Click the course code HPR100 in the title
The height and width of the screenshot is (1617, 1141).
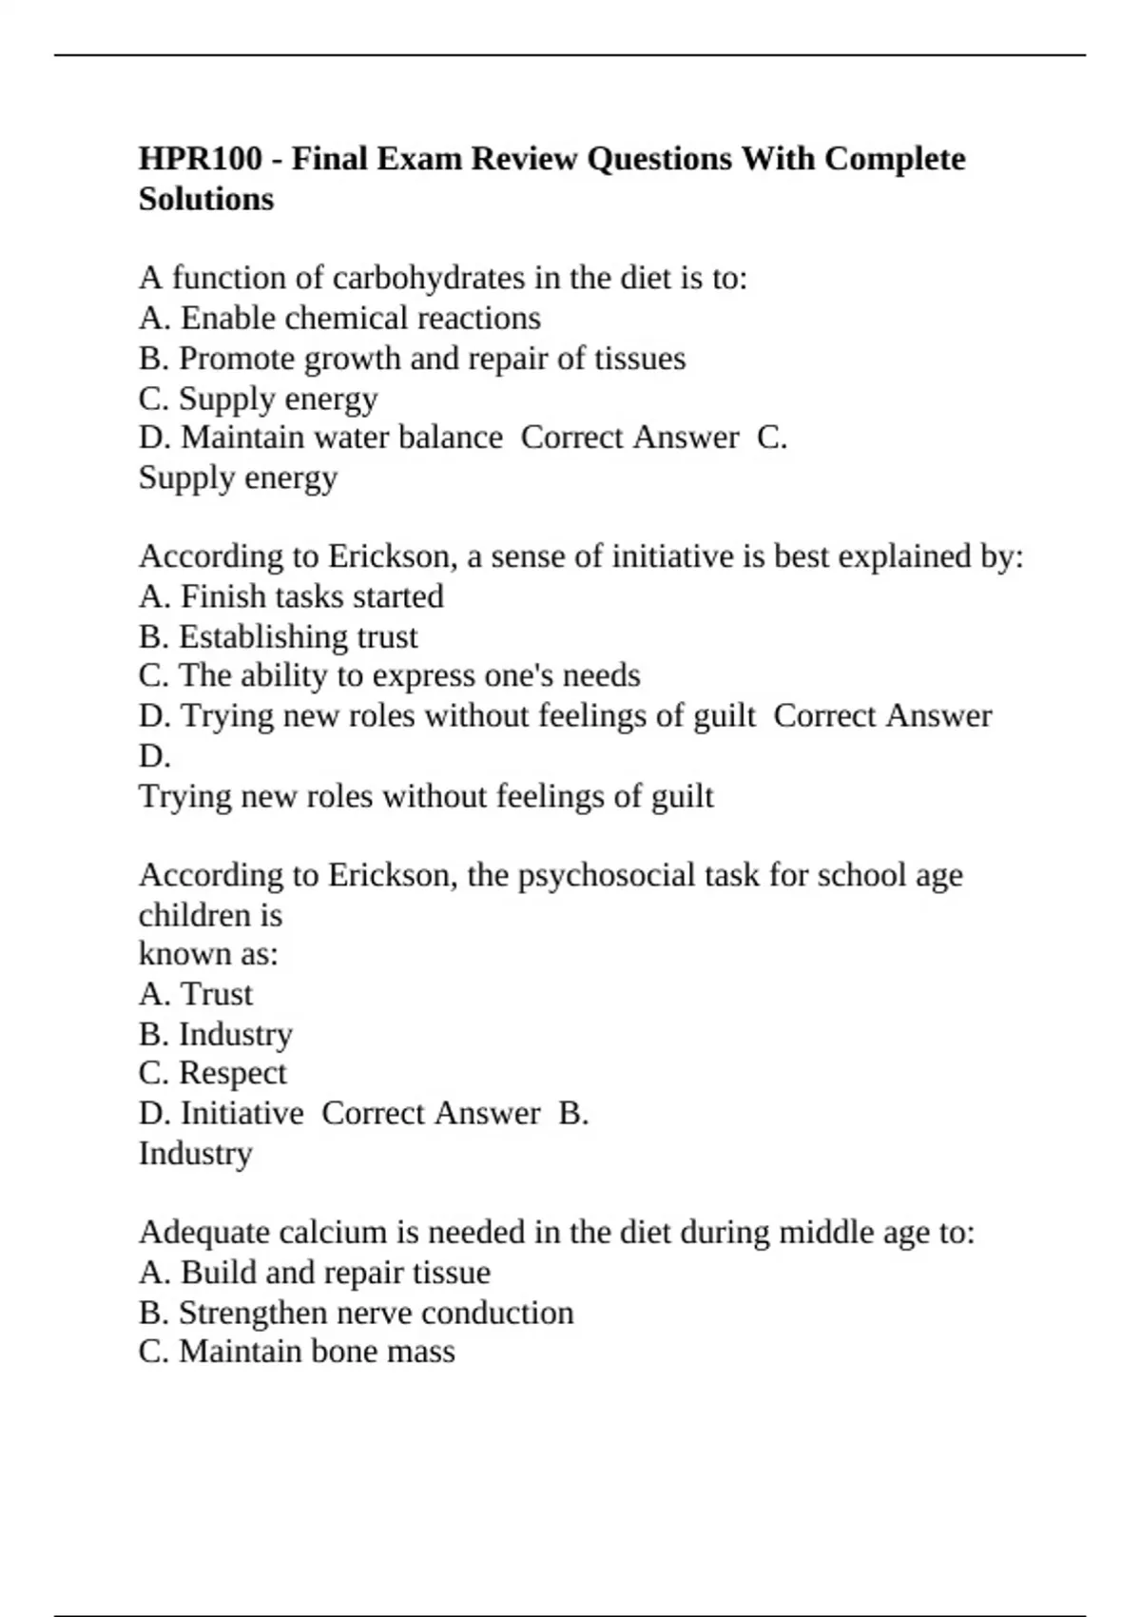tap(200, 158)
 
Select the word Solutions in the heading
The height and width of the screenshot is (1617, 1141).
tap(205, 199)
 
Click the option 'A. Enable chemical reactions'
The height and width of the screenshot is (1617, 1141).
tap(339, 318)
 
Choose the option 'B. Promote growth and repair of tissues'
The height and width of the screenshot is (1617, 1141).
tap(412, 359)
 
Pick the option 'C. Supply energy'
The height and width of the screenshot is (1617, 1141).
tap(258, 399)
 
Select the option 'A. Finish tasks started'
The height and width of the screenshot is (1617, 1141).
tap(291, 596)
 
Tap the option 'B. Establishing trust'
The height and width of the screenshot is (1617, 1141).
tap(278, 636)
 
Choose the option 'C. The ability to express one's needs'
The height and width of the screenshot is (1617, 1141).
tap(389, 675)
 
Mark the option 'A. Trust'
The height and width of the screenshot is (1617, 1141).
tap(196, 994)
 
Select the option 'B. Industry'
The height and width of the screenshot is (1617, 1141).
tap(216, 1034)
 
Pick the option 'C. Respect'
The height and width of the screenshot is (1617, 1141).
tap(212, 1073)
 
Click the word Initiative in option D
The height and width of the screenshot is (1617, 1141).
tap(242, 1113)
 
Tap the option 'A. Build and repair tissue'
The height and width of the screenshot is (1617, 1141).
tap(315, 1273)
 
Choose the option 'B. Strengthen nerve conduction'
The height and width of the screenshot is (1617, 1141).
tap(356, 1313)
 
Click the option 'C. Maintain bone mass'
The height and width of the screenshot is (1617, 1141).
tap(297, 1352)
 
